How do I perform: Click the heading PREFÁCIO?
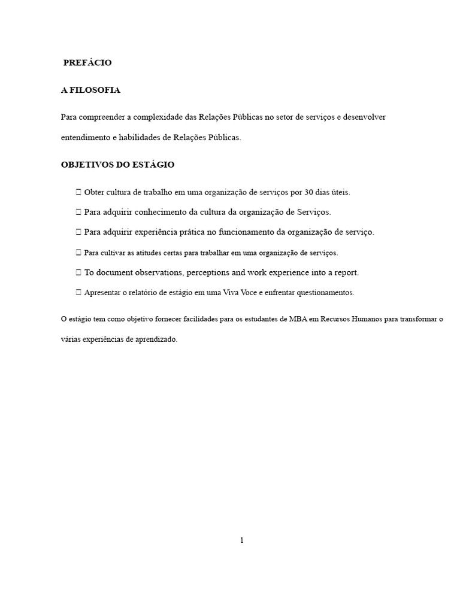click(x=87, y=63)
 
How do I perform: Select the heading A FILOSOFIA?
click(x=90, y=90)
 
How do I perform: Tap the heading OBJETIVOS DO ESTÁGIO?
click(x=118, y=165)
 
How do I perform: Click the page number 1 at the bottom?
click(x=242, y=540)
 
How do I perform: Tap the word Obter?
click(x=95, y=193)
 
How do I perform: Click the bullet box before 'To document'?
click(x=78, y=272)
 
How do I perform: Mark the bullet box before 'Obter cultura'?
click(x=78, y=193)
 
